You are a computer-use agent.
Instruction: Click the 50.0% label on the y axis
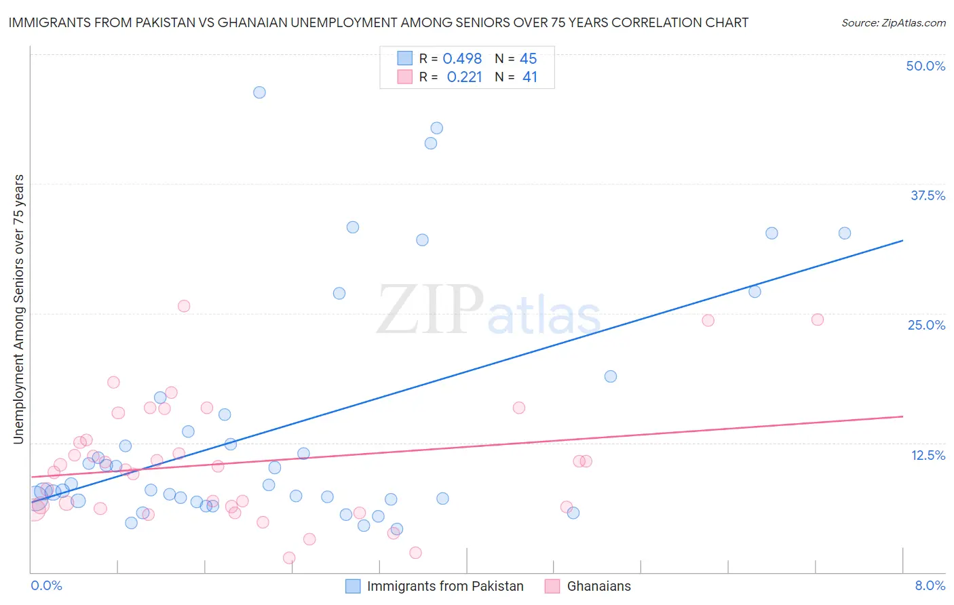926,66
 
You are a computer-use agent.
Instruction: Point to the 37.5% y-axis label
928,195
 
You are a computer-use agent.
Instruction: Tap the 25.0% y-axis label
926,325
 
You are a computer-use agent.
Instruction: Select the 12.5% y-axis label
928,455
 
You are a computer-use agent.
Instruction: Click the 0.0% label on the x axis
46,585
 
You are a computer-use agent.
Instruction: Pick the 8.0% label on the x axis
930,585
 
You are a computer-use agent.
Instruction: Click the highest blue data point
259,92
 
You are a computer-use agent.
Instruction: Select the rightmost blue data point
845,233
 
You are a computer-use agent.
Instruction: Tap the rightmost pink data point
818,319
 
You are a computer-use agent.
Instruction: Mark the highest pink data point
184,306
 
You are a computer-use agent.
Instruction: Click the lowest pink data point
289,558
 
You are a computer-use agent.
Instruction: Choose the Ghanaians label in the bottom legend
598,586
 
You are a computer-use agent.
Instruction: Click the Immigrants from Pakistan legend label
445,586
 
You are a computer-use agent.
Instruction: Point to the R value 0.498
462,59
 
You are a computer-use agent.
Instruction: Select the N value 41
530,77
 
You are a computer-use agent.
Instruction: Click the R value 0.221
464,77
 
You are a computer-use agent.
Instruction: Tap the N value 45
529,59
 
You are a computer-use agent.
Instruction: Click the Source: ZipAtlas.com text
893,23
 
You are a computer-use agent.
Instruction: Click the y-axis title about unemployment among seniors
18,309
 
